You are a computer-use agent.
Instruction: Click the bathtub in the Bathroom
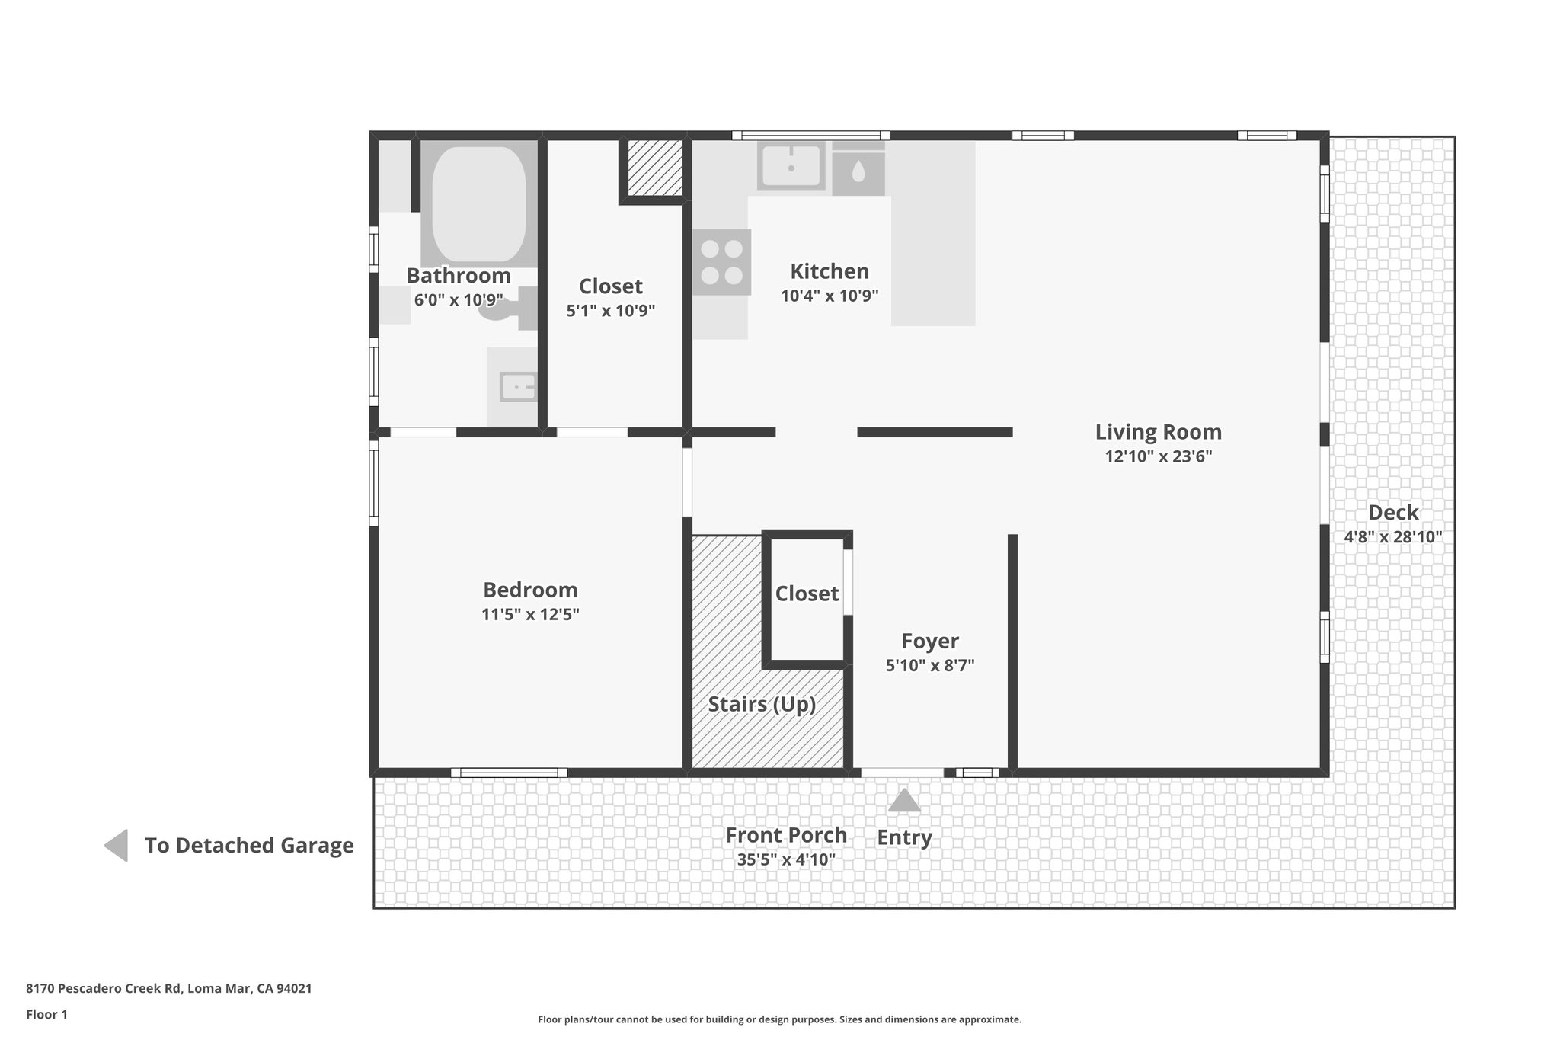pos(478,203)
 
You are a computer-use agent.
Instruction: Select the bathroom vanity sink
pos(517,387)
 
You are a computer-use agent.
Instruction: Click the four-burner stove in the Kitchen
pos(721,261)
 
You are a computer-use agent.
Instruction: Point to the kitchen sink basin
pos(791,165)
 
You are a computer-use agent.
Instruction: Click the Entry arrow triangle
pos(904,801)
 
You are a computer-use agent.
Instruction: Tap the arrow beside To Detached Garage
pos(117,846)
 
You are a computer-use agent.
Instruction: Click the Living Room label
pos(1158,432)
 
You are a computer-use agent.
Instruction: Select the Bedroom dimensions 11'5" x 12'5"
pos(530,615)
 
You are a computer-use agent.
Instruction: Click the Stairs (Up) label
pos(762,704)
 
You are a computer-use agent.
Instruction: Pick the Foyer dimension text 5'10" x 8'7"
pos(929,665)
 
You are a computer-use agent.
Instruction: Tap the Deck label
pos(1393,512)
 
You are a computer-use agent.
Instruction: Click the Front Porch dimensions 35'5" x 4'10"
pos(786,860)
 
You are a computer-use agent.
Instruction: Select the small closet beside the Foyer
pos(806,594)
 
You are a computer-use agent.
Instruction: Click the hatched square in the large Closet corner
pos(654,167)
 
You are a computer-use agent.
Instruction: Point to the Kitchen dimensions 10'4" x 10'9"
pos(830,296)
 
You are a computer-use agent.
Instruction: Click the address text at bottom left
pos(168,989)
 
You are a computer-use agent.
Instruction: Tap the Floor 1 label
pos(46,1014)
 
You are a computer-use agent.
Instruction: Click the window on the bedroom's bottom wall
pos(509,773)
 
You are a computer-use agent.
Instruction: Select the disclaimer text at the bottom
pos(779,1019)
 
